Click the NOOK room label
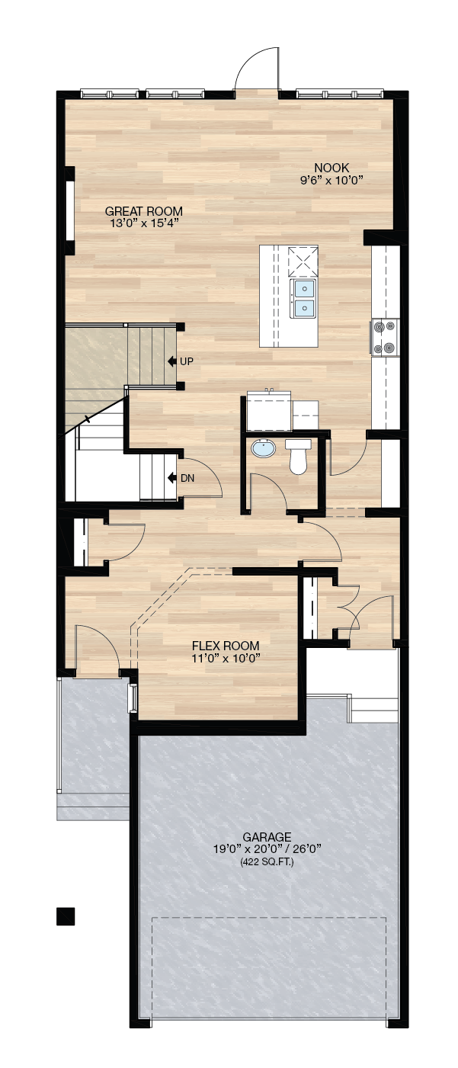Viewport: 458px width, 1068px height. tap(331, 168)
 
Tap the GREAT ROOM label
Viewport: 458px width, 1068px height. tap(144, 211)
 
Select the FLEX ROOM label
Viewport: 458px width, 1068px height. tap(226, 646)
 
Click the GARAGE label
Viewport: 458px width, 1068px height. tap(267, 837)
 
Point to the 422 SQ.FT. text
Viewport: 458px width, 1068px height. tap(267, 862)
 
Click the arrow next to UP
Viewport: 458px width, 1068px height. tap(172, 361)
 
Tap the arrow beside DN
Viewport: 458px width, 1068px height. tap(172, 477)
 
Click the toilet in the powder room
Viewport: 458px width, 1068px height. tap(298, 457)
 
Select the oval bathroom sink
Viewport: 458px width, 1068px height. tap(263, 449)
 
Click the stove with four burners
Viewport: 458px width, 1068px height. tap(384, 338)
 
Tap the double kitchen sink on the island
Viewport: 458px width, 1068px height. tap(303, 299)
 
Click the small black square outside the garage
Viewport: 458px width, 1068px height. tap(66, 916)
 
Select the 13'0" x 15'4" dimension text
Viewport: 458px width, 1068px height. tap(144, 223)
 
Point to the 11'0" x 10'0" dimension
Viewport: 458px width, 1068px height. tap(226, 659)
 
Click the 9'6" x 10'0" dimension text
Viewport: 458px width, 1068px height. tap(331, 180)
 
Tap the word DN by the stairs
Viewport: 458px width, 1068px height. tap(187, 478)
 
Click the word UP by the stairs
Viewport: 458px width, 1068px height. tap(187, 361)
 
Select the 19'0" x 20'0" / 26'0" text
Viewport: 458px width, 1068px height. tap(267, 849)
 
